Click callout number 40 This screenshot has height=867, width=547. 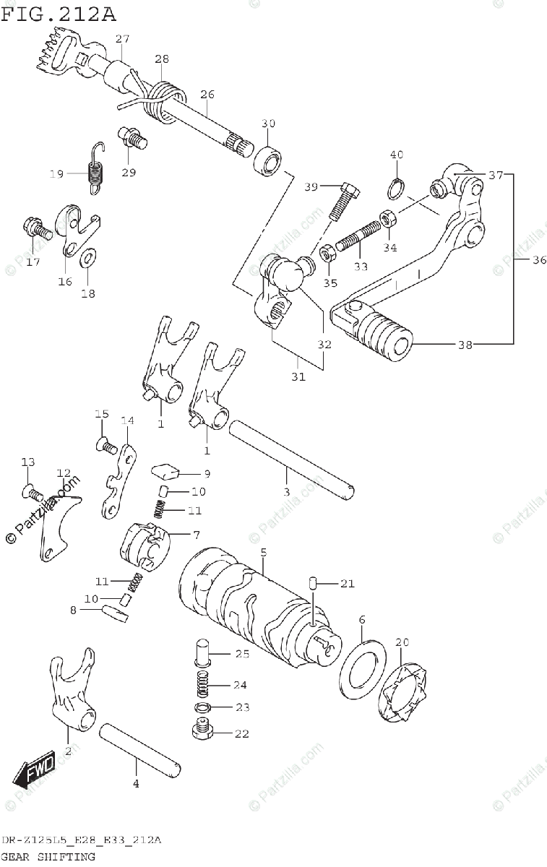click(x=396, y=155)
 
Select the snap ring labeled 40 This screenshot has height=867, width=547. click(x=395, y=189)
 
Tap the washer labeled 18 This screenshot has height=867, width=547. click(x=88, y=257)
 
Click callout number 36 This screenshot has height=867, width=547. click(x=539, y=261)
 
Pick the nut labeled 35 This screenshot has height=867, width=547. click(x=326, y=254)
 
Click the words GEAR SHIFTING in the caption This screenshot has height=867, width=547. click(x=48, y=857)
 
